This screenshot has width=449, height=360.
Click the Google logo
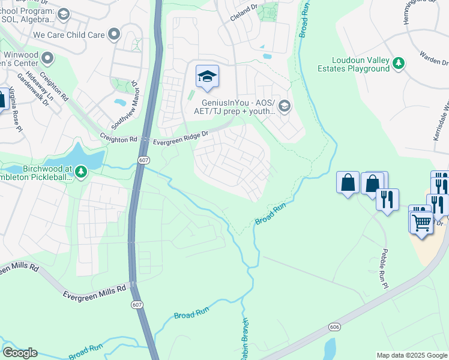(19, 353)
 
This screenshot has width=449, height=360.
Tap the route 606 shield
(334, 326)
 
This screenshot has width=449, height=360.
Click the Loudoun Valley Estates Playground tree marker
(397, 62)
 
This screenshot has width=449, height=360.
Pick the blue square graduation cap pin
(207, 76)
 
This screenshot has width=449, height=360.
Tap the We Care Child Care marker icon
(113, 34)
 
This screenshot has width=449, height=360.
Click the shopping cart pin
(422, 223)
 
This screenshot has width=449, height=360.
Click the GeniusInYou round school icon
(284, 106)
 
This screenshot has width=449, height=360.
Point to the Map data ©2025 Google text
(412, 355)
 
